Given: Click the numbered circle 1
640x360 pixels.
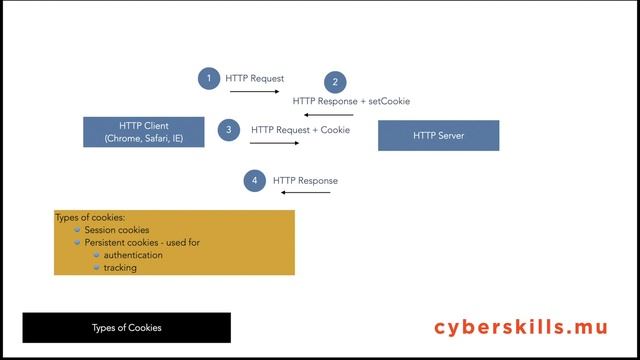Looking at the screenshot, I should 208,78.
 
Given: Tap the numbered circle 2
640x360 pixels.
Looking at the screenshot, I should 336,83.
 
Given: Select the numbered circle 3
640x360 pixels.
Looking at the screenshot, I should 229,130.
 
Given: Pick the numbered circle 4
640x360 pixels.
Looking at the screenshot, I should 255,181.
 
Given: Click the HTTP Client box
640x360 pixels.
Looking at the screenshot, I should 144,132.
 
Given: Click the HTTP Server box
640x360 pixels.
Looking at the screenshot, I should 438,135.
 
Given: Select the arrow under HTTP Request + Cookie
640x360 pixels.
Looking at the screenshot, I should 274,143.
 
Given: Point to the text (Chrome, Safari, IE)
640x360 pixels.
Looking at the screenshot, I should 144,139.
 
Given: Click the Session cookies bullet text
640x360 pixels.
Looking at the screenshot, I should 117,230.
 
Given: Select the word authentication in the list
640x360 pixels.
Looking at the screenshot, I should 133,255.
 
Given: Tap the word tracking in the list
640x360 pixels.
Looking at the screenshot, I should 120,267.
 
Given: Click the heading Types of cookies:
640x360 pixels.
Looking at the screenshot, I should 90,217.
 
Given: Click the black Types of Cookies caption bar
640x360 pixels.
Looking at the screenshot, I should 127,327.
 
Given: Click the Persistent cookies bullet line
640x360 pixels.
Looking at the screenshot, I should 142,242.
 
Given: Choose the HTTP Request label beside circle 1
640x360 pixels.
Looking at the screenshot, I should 254,78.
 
